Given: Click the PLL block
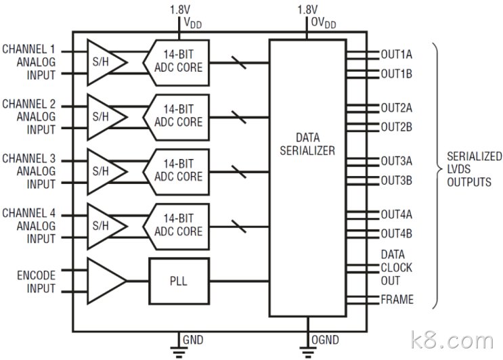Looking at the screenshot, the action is tap(179, 281).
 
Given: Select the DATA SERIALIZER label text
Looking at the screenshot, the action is tap(307, 144).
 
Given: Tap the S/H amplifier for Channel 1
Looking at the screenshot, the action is tap(107, 62).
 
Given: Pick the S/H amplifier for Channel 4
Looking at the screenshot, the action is tap(107, 227).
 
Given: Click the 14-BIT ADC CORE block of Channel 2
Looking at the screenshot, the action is tap(177, 117).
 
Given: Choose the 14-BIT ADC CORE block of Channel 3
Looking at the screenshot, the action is tap(177, 172).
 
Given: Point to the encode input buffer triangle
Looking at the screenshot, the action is tap(107, 281).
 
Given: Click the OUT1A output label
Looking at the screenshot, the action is tap(396, 55).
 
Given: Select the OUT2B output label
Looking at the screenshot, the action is tap(396, 127).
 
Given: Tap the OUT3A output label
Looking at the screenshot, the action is tap(396, 161).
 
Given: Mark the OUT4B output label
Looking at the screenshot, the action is tap(396, 233).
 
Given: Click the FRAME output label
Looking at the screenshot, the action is tap(397, 300).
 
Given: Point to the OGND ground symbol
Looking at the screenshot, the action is tap(307, 352).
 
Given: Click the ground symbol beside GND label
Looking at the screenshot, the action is tap(179, 352).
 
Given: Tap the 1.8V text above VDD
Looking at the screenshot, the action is tap(180, 10).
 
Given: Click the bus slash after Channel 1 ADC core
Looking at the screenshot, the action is tap(239, 62).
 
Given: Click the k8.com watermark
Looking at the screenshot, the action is tap(452, 340).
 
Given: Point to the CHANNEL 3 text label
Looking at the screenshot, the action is tap(29, 158).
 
